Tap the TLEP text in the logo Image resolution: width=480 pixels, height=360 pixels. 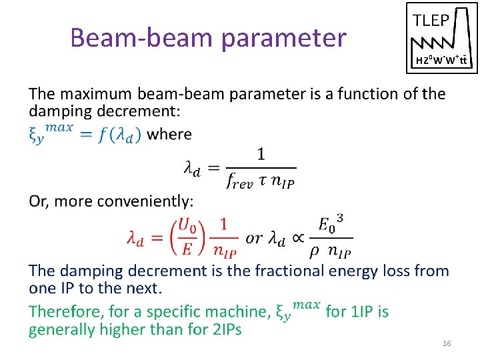coord(431,20)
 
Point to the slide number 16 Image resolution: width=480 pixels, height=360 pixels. coord(447,343)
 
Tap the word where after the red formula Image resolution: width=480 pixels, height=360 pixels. coord(169,133)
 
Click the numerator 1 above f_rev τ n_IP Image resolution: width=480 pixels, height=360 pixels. coord(261,155)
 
